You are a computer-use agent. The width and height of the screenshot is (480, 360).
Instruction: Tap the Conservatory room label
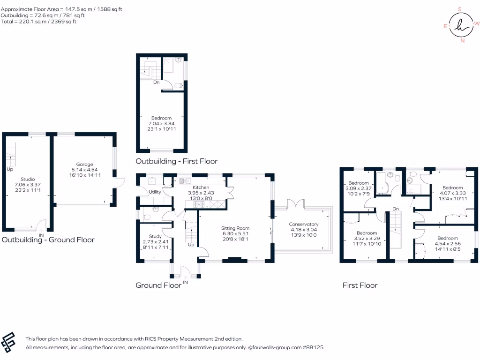pyautogui.click(x=303, y=224)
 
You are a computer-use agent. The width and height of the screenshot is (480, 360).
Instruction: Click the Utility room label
pyautogui.click(x=155, y=192)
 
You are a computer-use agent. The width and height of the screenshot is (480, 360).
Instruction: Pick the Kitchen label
pyautogui.click(x=201, y=187)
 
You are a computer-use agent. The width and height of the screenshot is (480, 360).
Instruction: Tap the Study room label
pyautogui.click(x=155, y=236)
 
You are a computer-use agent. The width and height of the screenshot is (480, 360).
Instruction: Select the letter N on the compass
pyautogui.click(x=463, y=41)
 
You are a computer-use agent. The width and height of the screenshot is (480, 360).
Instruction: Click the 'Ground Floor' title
pyautogui.click(x=158, y=285)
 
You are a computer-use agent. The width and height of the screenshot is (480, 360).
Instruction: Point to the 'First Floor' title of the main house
pyautogui.click(x=360, y=285)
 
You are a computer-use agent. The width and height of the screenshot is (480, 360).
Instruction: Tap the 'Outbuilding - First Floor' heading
pyautogui.click(x=176, y=161)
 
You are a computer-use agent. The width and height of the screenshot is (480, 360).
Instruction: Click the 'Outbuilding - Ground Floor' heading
pyautogui.click(x=48, y=240)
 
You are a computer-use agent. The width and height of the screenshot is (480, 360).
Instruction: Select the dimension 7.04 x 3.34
pyautogui.click(x=161, y=123)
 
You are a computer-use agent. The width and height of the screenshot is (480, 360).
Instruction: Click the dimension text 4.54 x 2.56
pyautogui.click(x=448, y=244)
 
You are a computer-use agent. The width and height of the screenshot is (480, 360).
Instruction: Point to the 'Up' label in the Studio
pyautogui.click(x=10, y=169)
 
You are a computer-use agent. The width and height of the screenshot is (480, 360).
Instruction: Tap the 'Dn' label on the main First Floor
pyautogui.click(x=395, y=209)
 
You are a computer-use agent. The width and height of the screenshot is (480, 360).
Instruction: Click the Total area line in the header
pyautogui.click(x=39, y=22)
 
